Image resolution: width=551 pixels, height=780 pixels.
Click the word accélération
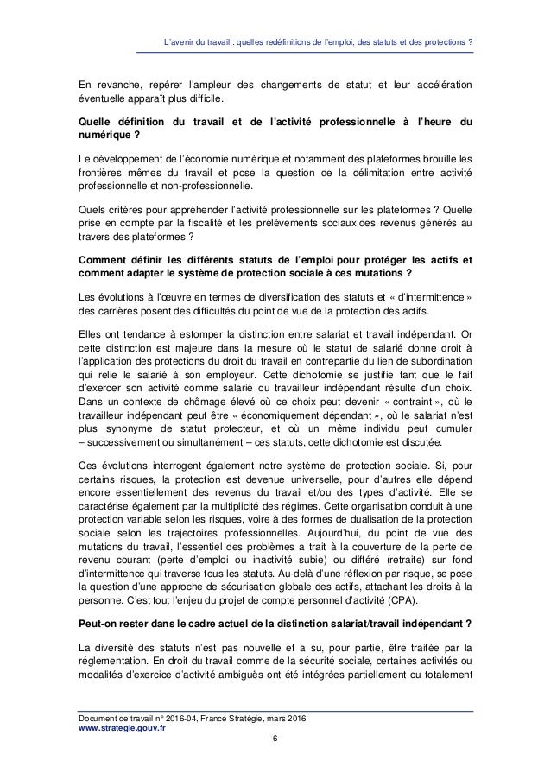(x=437, y=86)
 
